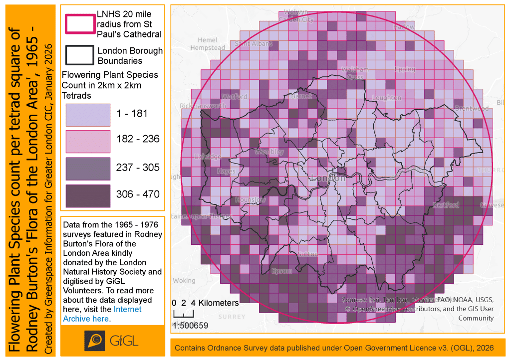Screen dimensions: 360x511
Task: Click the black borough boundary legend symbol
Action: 80,55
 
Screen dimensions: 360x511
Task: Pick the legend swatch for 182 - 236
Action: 88,141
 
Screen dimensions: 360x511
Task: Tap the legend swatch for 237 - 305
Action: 88,169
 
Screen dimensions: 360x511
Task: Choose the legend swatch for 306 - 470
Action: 88,195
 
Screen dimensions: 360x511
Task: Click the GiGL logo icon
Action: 94,341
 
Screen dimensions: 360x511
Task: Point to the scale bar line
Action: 183,315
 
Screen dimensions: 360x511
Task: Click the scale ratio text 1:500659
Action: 190,326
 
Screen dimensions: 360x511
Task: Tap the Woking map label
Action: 184,281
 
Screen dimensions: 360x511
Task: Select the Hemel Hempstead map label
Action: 208,44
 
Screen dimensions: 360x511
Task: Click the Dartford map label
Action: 445,205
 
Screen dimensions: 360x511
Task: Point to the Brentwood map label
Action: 472,108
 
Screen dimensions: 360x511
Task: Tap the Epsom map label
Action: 282,271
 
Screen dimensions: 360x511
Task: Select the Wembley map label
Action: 269,152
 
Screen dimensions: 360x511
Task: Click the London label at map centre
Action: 328,178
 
